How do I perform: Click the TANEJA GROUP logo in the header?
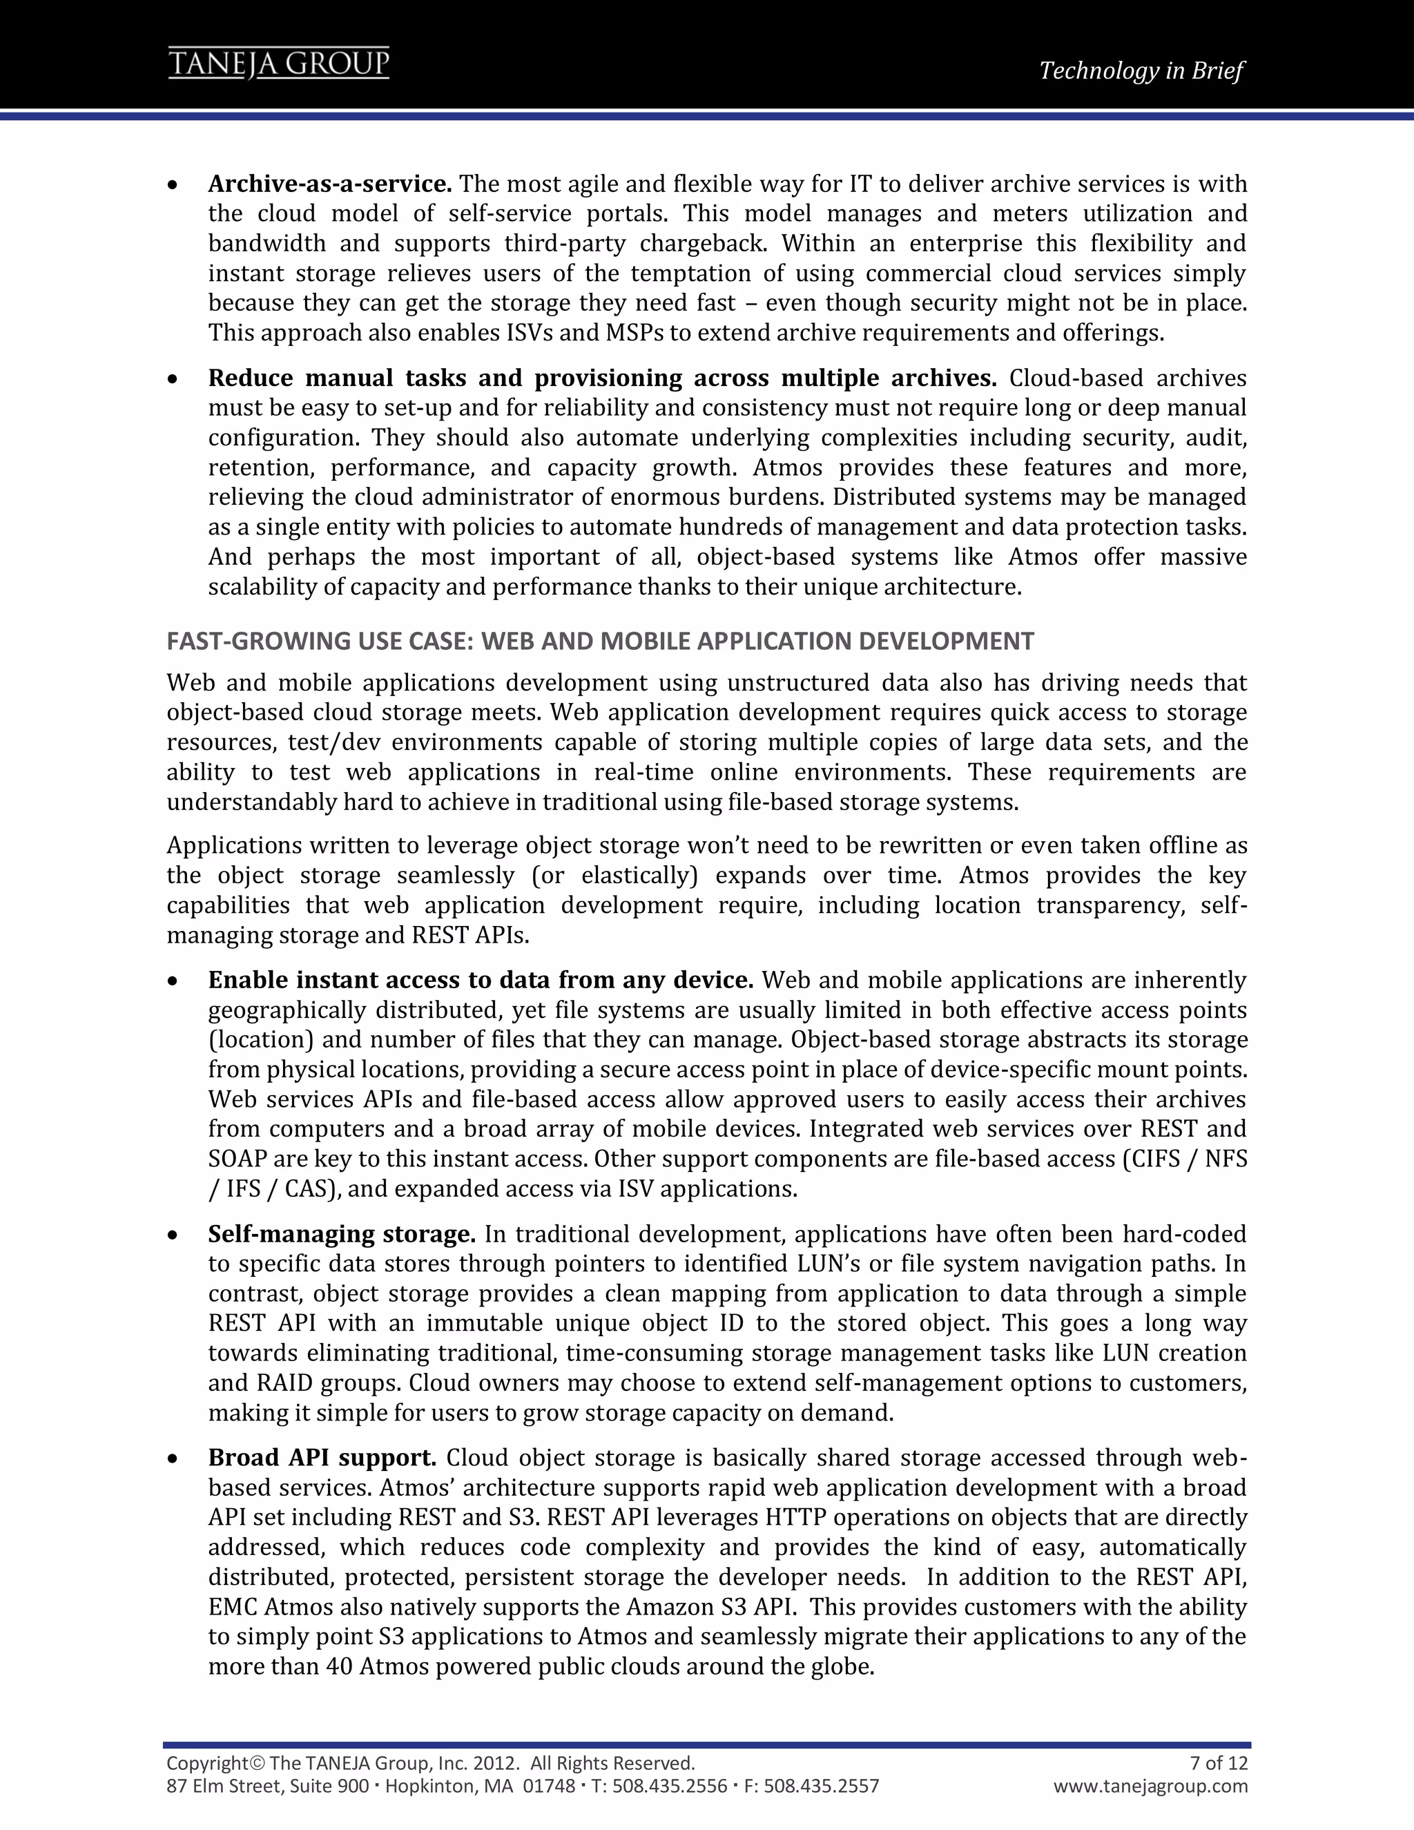pos(278,64)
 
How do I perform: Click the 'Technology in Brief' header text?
pos(1141,70)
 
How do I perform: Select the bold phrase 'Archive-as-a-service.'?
pos(330,184)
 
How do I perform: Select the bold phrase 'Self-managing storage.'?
pos(342,1234)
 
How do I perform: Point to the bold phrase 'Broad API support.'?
pos(322,1458)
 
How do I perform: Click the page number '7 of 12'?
pos(1219,1763)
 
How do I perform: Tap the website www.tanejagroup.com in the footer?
pos(1150,1786)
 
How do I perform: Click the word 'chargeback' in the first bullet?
pos(702,244)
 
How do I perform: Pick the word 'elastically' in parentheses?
pos(637,876)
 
